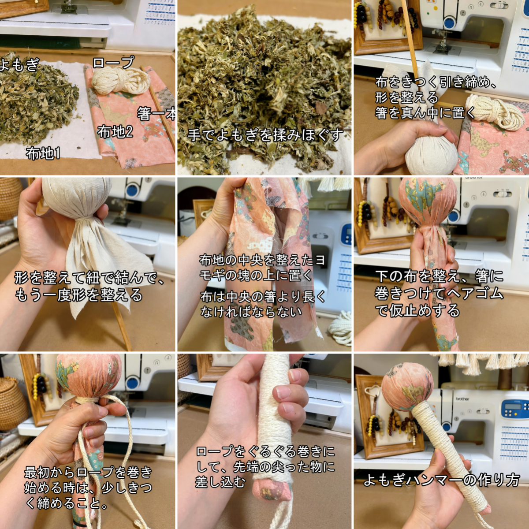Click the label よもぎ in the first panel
click(20, 65)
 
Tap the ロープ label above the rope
click(113, 62)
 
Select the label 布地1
click(43, 153)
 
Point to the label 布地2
click(115, 131)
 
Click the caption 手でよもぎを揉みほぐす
click(264, 135)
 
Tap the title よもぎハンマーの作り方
click(441, 480)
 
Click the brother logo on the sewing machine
click(462, 399)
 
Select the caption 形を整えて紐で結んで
click(88, 278)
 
